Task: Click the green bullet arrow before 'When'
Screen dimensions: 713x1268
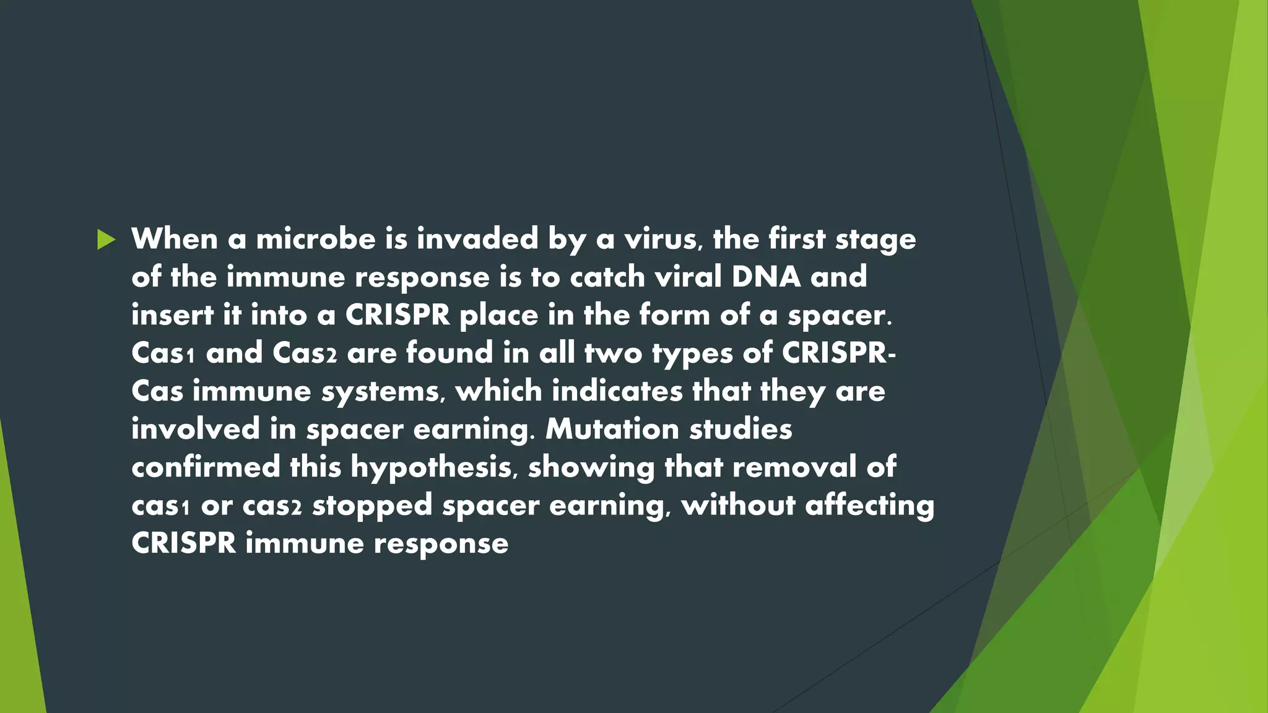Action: coord(106,240)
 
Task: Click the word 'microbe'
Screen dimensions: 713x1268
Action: coord(316,240)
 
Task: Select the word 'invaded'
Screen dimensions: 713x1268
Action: coord(477,240)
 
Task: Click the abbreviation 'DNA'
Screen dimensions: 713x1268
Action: coord(766,277)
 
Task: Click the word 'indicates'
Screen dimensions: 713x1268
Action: coord(617,391)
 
